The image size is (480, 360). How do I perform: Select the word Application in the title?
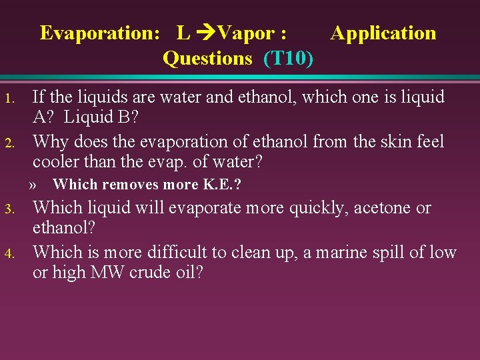click(383, 33)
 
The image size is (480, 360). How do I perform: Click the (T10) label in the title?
click(289, 59)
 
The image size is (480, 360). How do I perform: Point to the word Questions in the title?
click(207, 59)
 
